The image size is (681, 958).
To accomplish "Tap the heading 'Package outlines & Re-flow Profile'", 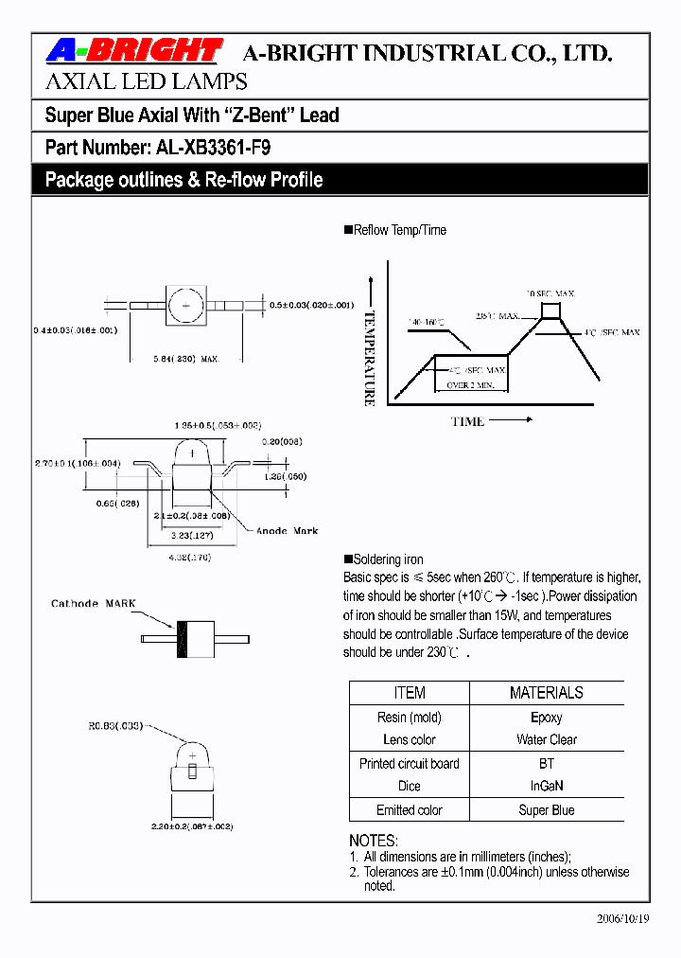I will (183, 180).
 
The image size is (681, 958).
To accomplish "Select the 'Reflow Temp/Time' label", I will (399, 230).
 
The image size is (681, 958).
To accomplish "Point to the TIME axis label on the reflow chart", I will (467, 421).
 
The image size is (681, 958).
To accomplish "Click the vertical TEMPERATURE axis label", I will (370, 358).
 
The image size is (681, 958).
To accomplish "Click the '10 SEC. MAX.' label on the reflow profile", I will (550, 294).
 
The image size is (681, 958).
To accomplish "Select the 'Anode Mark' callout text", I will (288, 531).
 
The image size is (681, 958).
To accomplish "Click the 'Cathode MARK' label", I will (94, 603).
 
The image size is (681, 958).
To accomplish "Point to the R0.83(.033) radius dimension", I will (116, 726).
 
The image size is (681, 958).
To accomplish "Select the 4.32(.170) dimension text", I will (190, 558).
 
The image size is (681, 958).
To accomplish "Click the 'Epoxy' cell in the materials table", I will (546, 718).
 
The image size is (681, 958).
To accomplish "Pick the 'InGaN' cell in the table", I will (546, 786).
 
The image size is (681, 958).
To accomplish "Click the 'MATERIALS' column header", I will (546, 693).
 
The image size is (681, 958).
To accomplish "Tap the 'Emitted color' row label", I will (409, 810).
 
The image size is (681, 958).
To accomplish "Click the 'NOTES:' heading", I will (374, 841).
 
